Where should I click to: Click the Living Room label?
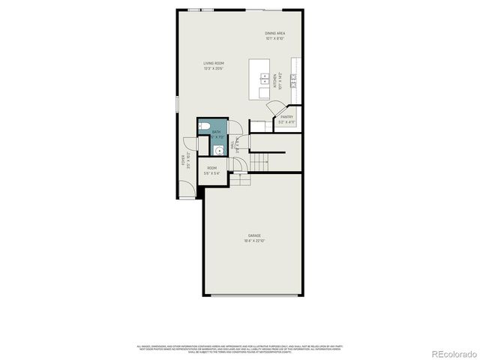click(214, 63)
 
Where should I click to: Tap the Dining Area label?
click(274, 34)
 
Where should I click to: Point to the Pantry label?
click(286, 117)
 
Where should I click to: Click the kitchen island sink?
click(265, 77)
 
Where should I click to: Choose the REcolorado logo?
click(451, 352)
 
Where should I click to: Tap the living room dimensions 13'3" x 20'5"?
click(214, 68)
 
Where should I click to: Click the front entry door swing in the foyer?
click(187, 144)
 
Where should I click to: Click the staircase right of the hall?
click(259, 160)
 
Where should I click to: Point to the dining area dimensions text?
click(274, 38)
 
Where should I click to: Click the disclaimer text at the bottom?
click(240, 348)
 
